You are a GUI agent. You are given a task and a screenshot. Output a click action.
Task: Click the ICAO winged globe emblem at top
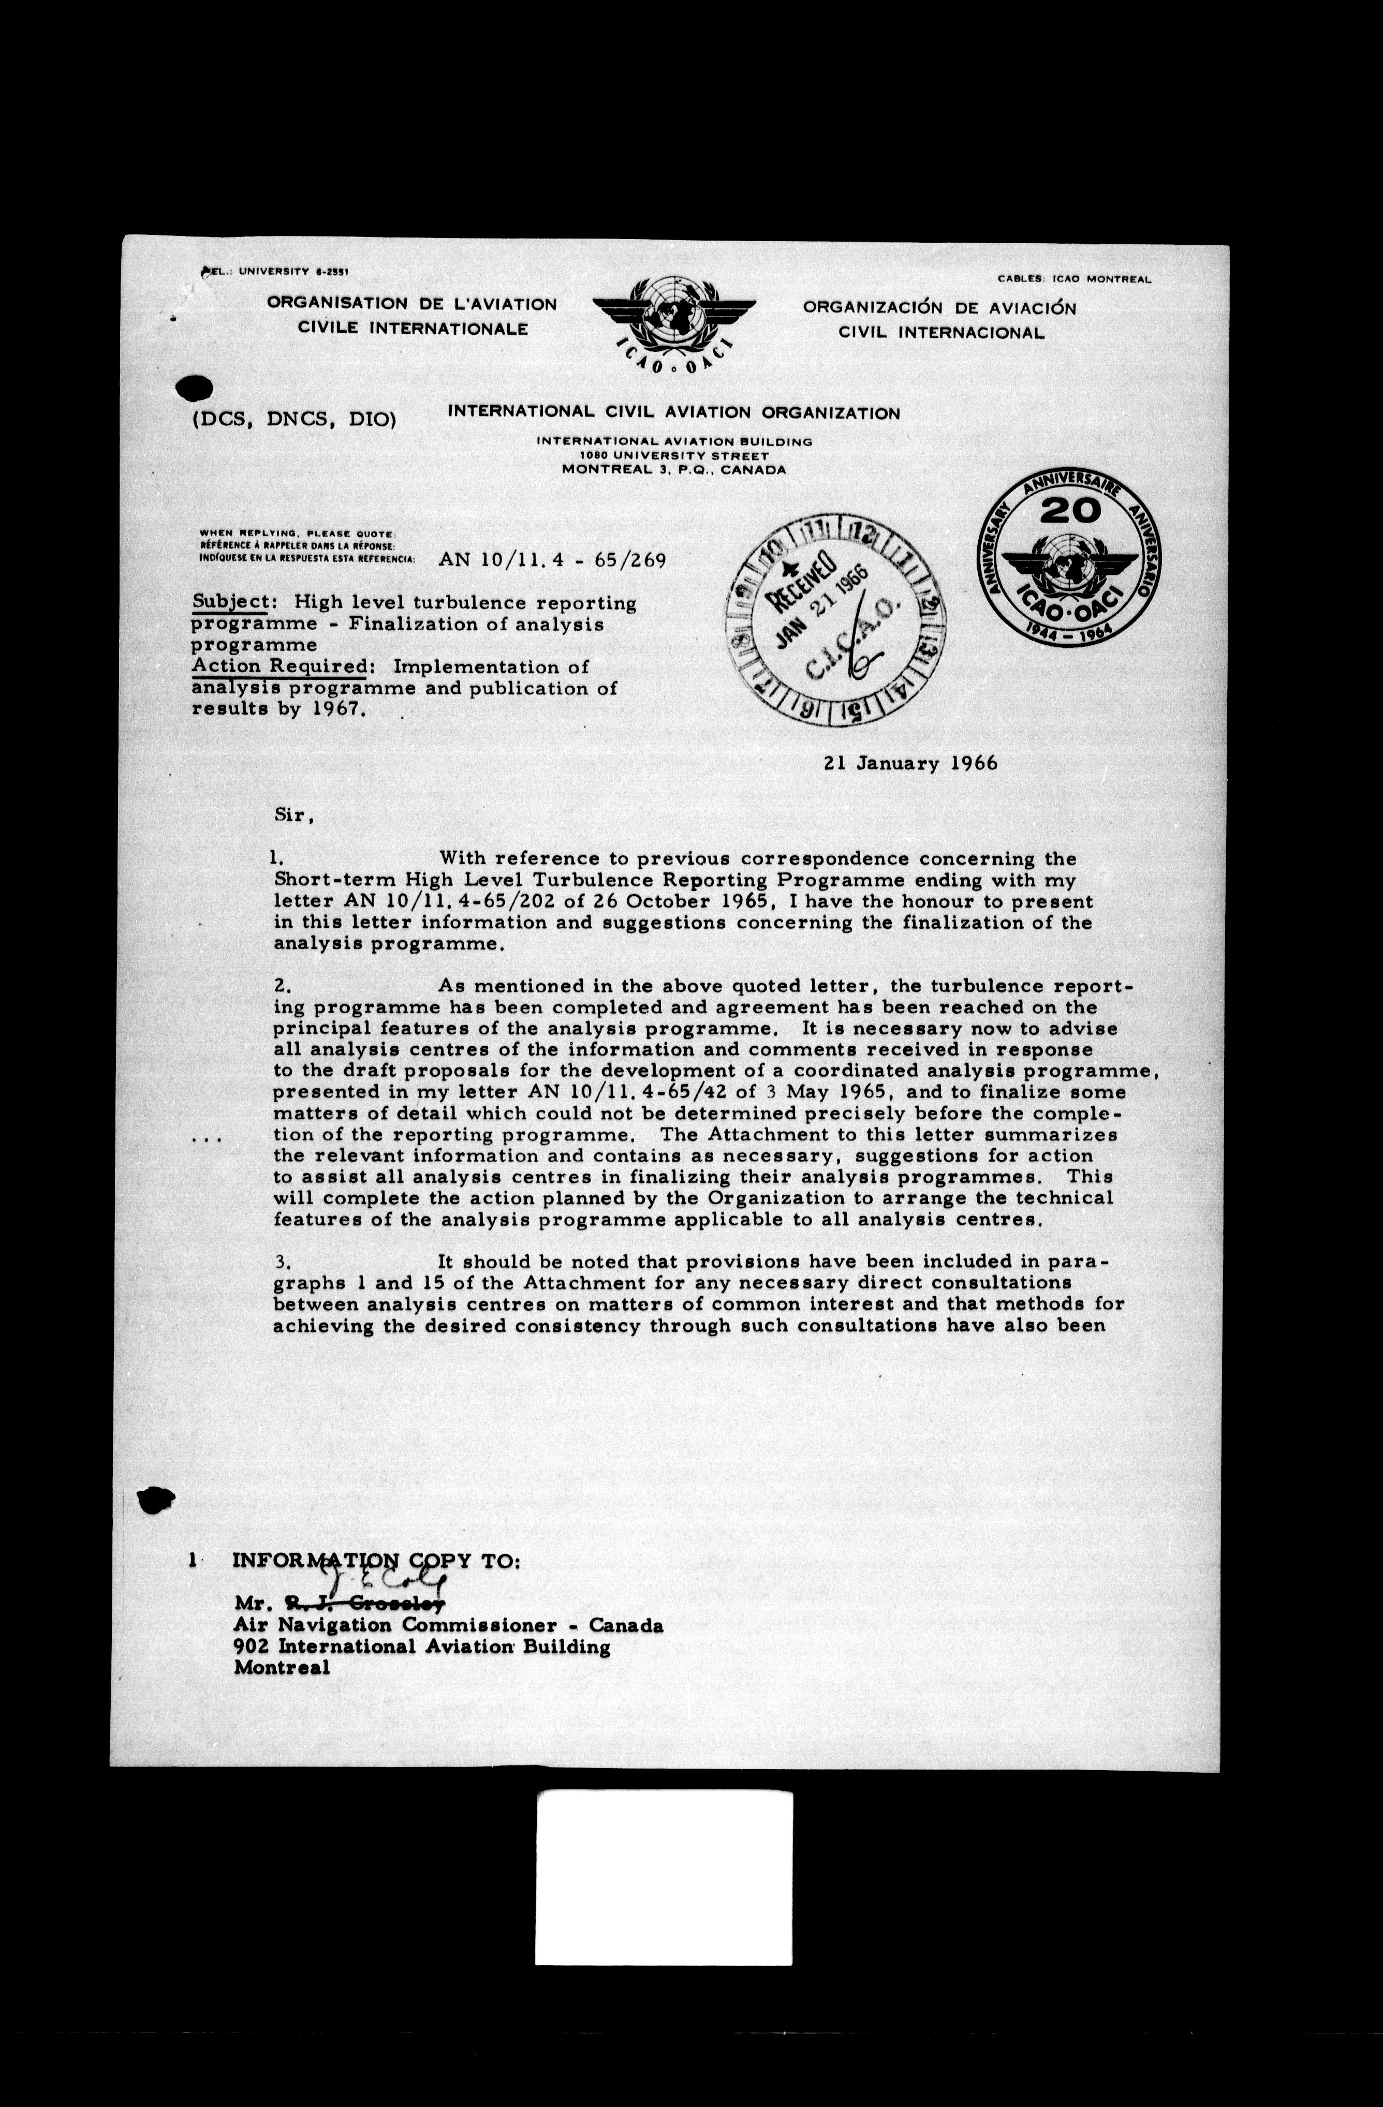[x=674, y=324]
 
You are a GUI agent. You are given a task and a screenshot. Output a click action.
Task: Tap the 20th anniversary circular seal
[x=1069, y=561]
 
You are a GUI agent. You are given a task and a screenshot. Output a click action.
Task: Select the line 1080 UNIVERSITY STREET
[x=674, y=455]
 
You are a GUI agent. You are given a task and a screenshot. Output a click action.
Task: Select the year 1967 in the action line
[x=332, y=710]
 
